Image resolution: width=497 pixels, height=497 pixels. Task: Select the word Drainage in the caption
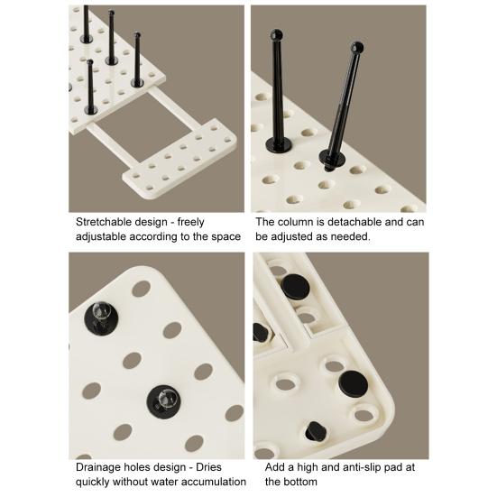(99, 467)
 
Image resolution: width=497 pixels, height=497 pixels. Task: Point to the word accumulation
(214, 482)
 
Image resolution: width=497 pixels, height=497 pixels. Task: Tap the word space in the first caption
(225, 237)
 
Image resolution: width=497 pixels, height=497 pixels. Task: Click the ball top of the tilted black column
(357, 48)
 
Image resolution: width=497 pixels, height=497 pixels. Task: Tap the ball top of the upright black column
(276, 35)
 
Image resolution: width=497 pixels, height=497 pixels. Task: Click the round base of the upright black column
(279, 144)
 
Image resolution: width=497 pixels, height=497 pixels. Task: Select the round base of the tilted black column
(333, 157)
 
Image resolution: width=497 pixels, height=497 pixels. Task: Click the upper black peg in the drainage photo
(101, 317)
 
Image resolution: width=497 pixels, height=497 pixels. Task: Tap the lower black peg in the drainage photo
(163, 401)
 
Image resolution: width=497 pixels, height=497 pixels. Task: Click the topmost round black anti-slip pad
(295, 287)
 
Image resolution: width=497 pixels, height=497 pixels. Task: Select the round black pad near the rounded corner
(353, 384)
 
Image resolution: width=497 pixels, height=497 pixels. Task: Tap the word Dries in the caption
(208, 467)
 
